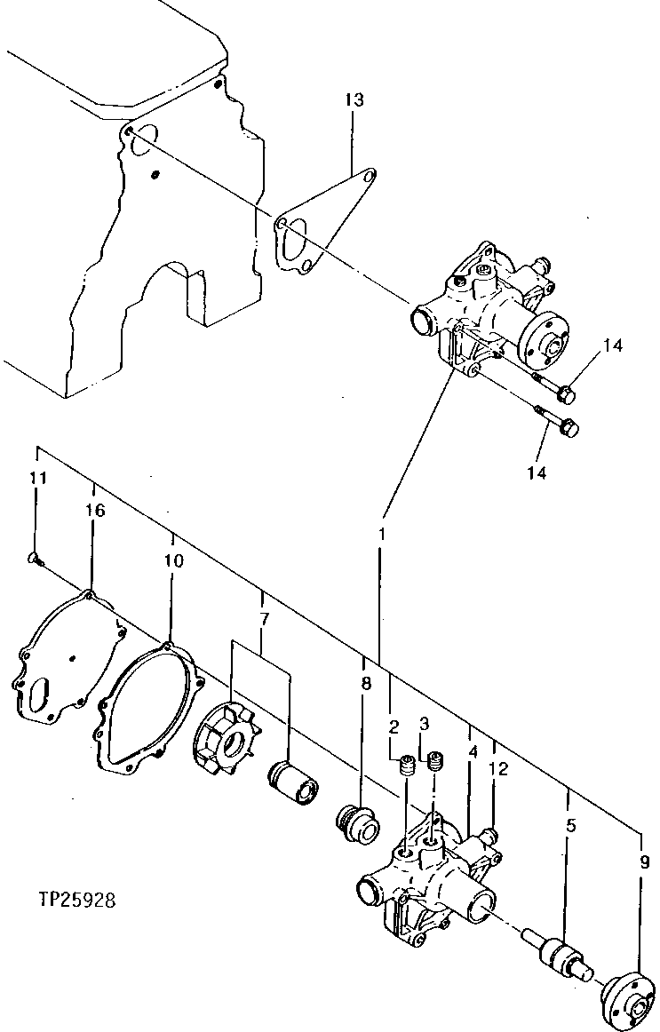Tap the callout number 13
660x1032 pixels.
pyautogui.click(x=354, y=100)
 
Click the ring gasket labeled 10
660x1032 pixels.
pyautogui.click(x=147, y=710)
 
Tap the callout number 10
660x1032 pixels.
pyautogui.click(x=173, y=561)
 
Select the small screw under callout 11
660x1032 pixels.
pyautogui.click(x=33, y=559)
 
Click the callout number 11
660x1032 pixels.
pyautogui.click(x=36, y=479)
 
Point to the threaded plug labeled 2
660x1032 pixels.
pyautogui.click(x=408, y=766)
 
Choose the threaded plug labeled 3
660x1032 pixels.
pyautogui.click(x=435, y=762)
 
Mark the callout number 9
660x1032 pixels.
pyautogui.click(x=643, y=861)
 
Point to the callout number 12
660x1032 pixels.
pyautogui.click(x=498, y=770)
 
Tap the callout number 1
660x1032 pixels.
pyautogui.click(x=382, y=535)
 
